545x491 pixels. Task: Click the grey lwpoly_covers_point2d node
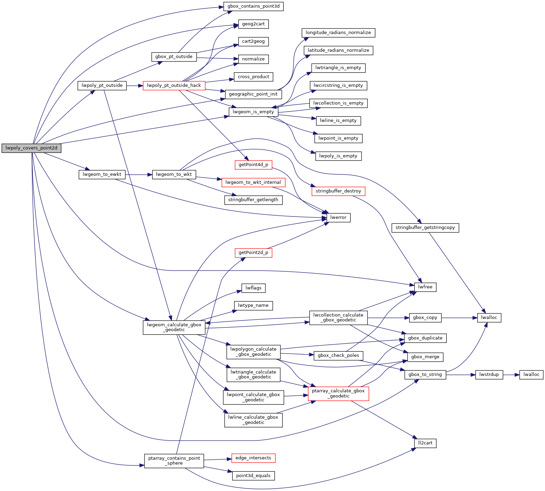click(x=31, y=148)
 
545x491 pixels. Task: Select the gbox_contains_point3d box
click(x=253, y=6)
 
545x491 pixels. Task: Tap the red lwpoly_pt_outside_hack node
click(x=174, y=85)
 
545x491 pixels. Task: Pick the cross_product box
click(x=253, y=77)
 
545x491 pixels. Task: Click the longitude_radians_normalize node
click(x=338, y=33)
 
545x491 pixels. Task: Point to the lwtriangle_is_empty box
click(x=338, y=68)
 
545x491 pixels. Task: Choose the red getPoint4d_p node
click(x=253, y=165)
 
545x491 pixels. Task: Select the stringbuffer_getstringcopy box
click(x=425, y=228)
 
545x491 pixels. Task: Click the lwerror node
click(x=338, y=218)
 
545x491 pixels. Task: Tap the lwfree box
click(x=425, y=287)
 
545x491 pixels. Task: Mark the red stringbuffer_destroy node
click(x=338, y=191)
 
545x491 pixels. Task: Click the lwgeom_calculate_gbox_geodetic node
click(x=174, y=327)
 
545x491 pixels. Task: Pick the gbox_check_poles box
click(x=338, y=355)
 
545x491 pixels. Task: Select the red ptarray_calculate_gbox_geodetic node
click(x=338, y=393)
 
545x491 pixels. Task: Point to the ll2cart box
click(x=425, y=443)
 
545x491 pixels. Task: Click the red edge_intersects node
click(x=253, y=458)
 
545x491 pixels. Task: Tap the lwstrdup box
click(x=489, y=375)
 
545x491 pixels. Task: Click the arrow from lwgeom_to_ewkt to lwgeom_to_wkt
click(x=139, y=174)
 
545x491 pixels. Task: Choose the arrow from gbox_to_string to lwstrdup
click(x=461, y=375)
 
